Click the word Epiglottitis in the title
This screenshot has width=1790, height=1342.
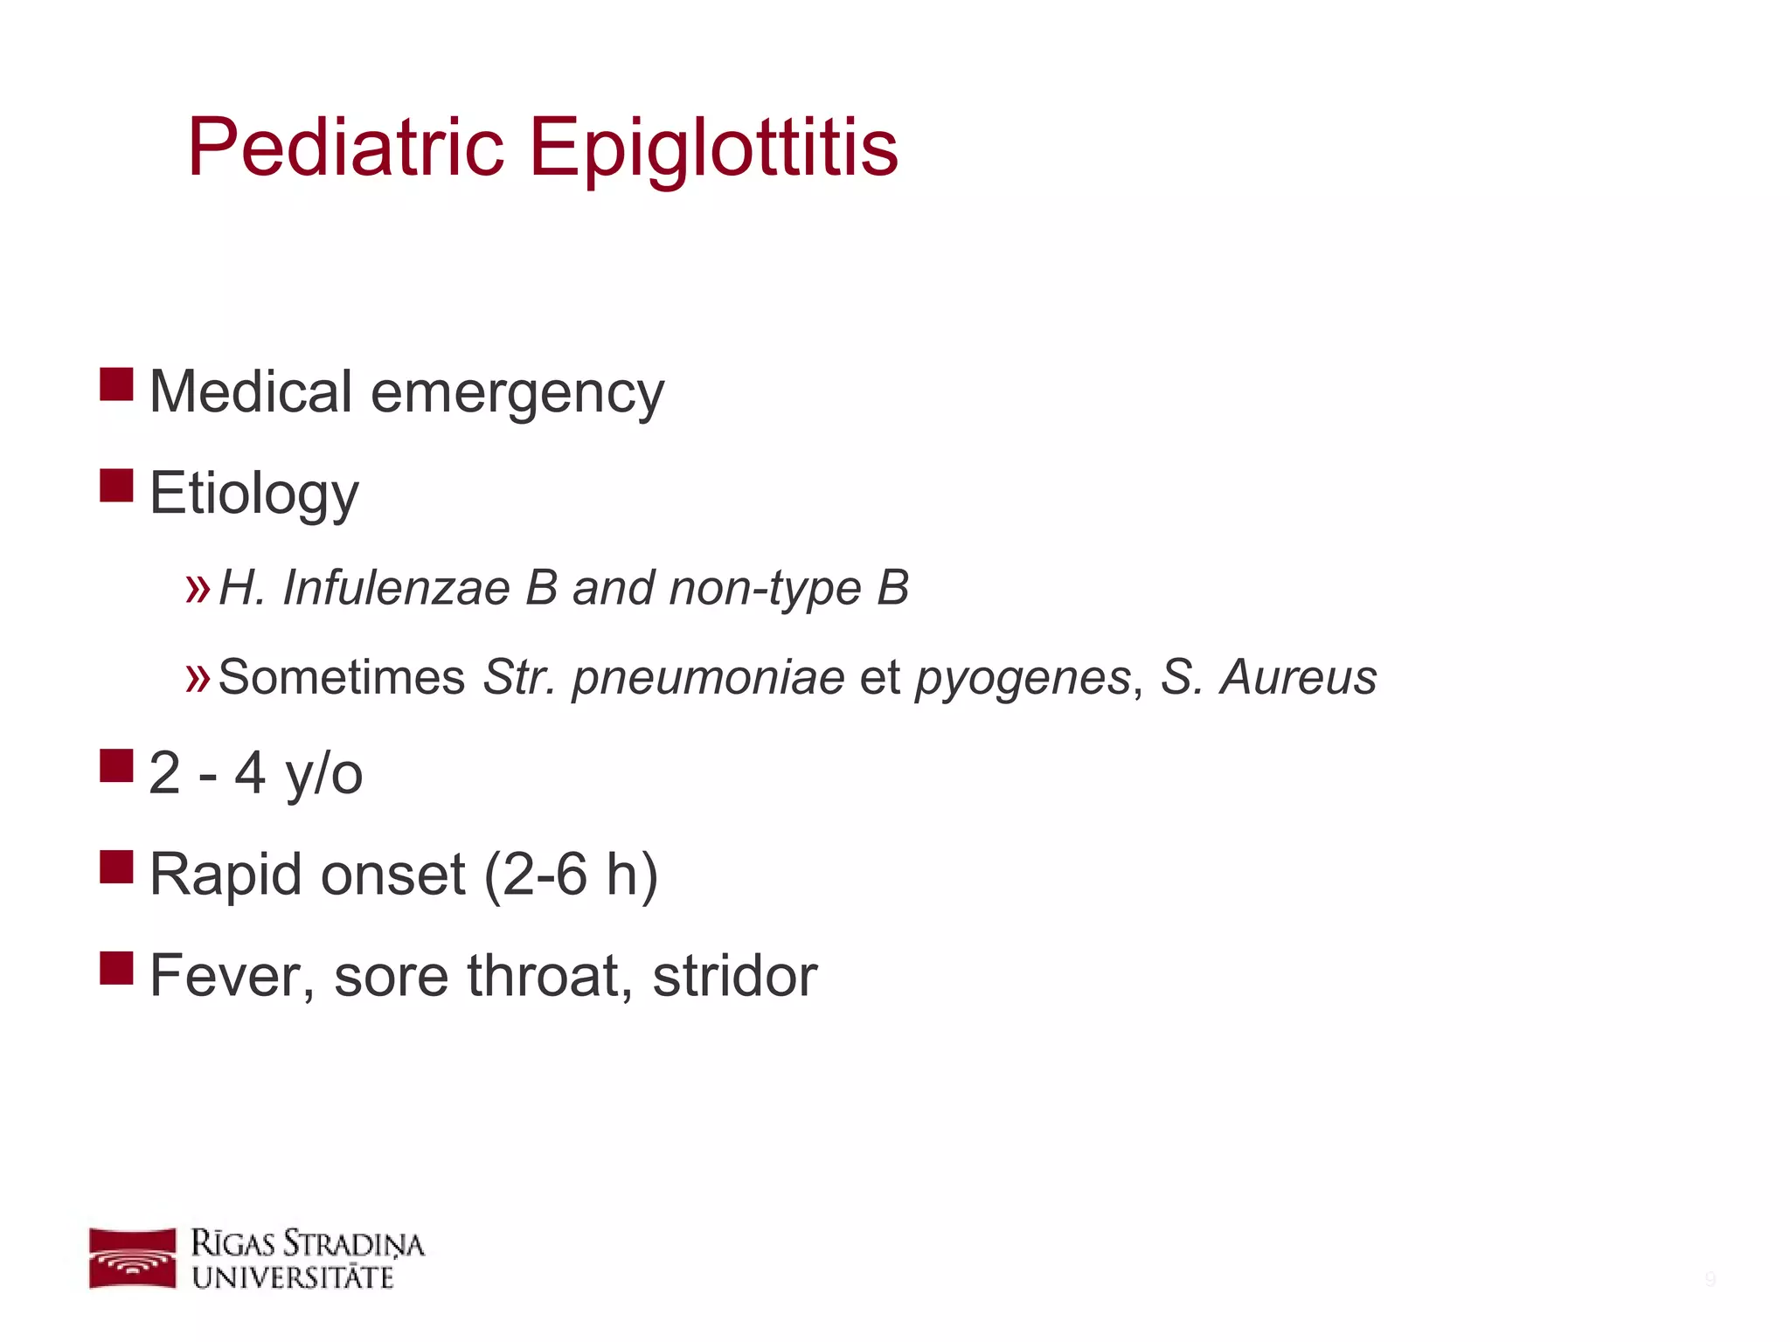click(713, 149)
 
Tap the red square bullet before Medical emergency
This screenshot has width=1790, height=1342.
click(116, 384)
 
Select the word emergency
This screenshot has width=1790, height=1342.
click(517, 393)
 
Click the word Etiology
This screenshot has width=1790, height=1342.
click(253, 495)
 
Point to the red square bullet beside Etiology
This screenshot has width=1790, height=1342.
click(116, 486)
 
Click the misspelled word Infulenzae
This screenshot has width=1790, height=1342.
click(396, 587)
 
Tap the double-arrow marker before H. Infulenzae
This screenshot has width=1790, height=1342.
click(198, 589)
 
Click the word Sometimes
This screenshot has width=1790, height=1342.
click(342, 677)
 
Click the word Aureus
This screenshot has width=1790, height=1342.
click(1299, 677)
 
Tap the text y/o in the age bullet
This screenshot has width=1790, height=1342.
click(323, 774)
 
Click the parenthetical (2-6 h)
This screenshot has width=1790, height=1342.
click(570, 875)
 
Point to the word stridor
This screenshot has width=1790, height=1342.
click(734, 976)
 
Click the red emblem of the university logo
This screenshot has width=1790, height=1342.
click(133, 1258)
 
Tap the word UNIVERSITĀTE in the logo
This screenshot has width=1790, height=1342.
click(293, 1277)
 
